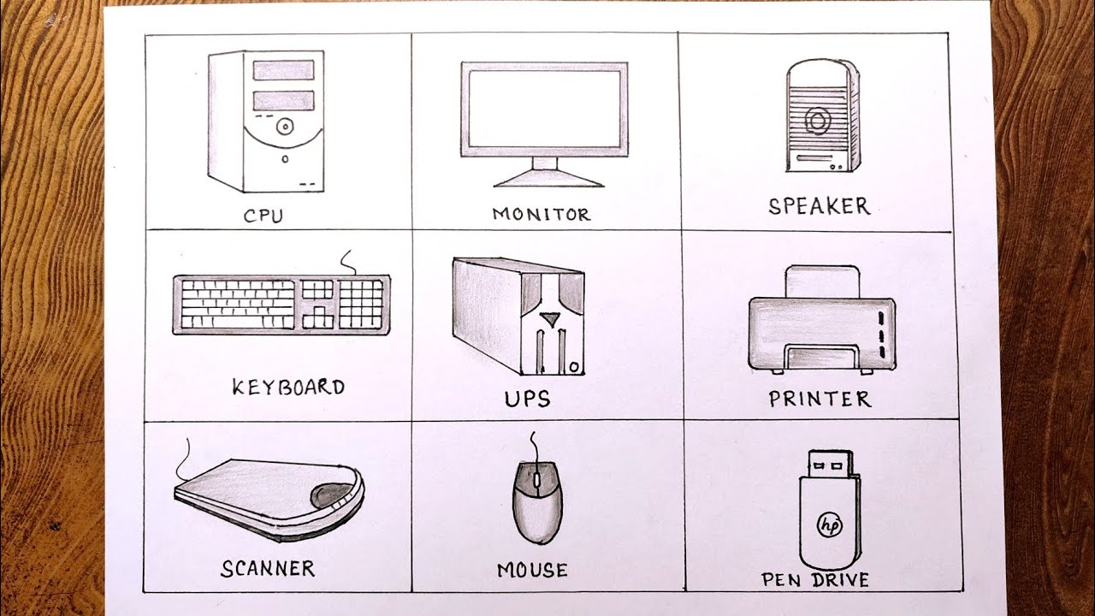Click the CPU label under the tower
[263, 215]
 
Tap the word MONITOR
[541, 214]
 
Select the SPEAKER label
[819, 206]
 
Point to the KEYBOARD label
[288, 387]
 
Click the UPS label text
[527, 399]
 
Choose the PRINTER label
[819, 399]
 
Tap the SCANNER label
[268, 568]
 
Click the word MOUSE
[531, 570]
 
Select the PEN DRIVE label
[815, 580]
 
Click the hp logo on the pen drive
[828, 524]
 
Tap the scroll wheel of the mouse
[536, 483]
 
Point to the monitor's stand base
[548, 178]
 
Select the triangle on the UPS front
[550, 321]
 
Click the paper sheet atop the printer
[821, 281]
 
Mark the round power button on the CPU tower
[283, 127]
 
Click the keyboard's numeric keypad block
[361, 303]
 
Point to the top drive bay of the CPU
[283, 70]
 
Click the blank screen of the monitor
[543, 108]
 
